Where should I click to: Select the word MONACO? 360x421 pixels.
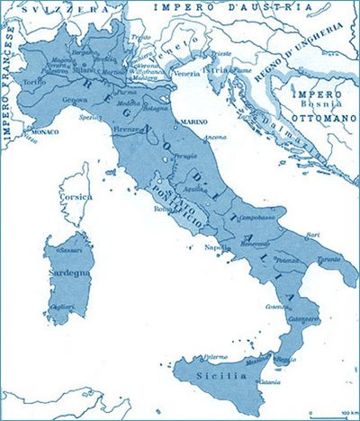point(42,130)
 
